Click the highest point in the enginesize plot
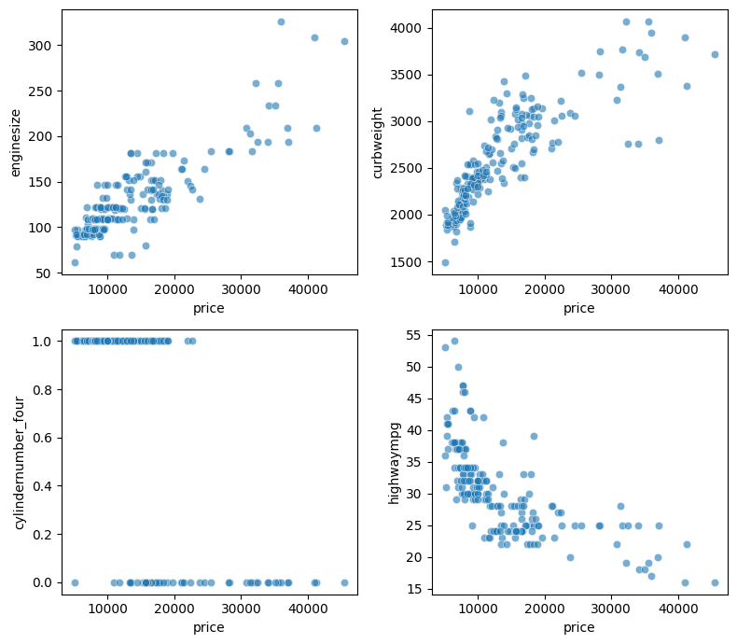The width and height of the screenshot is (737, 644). (281, 21)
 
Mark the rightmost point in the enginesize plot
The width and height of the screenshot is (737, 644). (344, 41)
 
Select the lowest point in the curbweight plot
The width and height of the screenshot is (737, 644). (445, 262)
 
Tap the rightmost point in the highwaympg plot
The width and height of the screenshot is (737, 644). (715, 582)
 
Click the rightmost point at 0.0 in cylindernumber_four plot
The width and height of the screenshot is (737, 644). (344, 582)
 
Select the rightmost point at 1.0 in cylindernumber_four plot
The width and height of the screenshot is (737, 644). (192, 341)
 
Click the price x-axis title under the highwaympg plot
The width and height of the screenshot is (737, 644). (578, 628)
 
